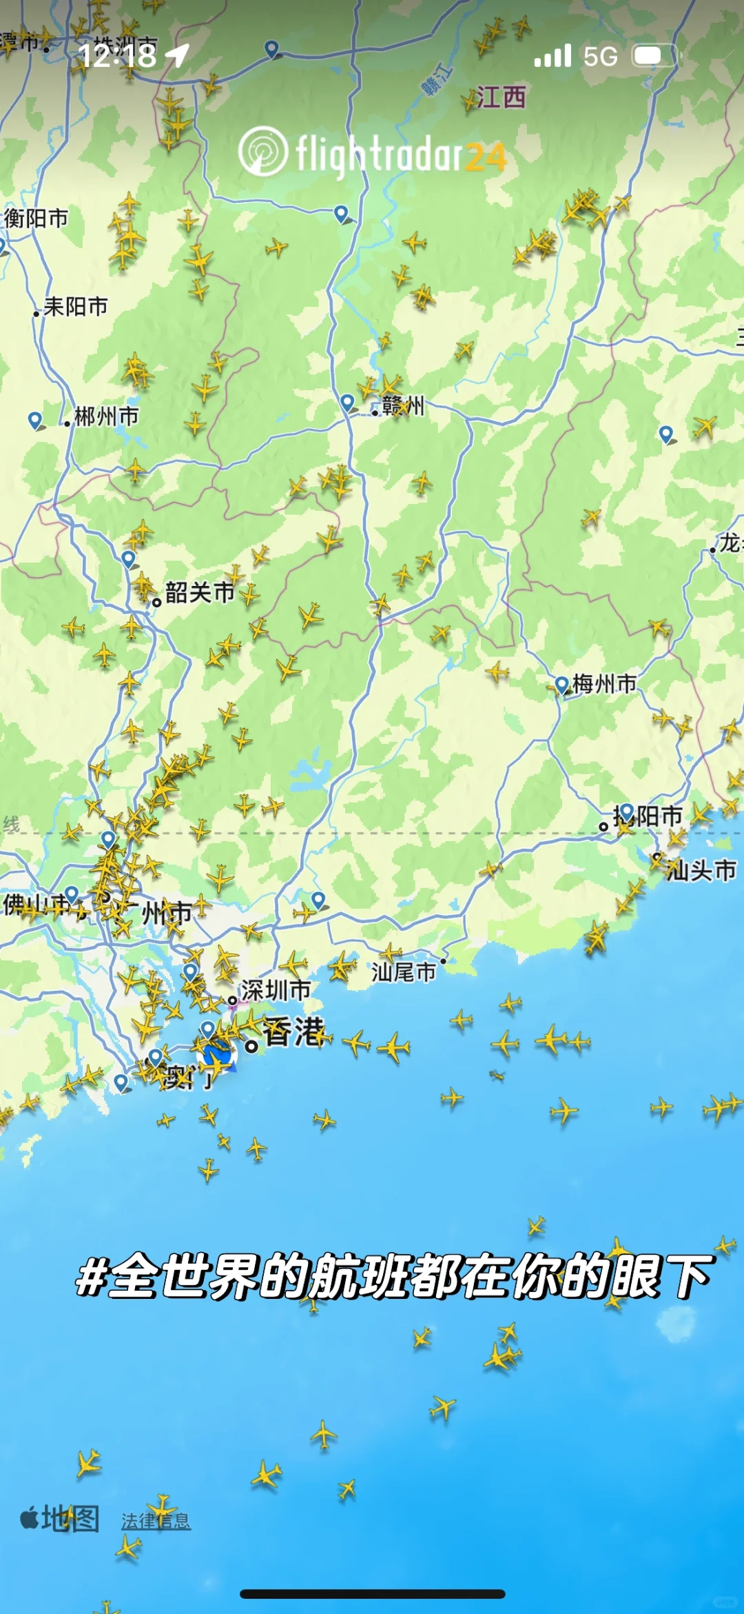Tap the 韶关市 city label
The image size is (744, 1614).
pos(200,592)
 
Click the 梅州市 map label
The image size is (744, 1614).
pos(604,684)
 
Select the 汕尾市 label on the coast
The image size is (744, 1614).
pos(404,972)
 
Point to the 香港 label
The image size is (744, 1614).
pos(293,1032)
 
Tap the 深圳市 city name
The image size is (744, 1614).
pos(276,991)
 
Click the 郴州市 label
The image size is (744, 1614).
pos(106,416)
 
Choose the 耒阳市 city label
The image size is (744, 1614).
pos(76,306)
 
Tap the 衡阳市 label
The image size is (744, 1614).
pos(37,219)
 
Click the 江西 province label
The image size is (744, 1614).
pos(501,97)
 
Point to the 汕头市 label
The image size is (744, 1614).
pos(701,870)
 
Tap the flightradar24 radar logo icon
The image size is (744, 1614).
pos(262,151)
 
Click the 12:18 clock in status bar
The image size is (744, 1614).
pos(118,55)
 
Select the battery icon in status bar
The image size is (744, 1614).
pos(654,56)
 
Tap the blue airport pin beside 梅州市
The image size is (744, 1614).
pos(561,684)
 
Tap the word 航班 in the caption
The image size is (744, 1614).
pos(358,1276)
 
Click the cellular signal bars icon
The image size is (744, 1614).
pos(552,56)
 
